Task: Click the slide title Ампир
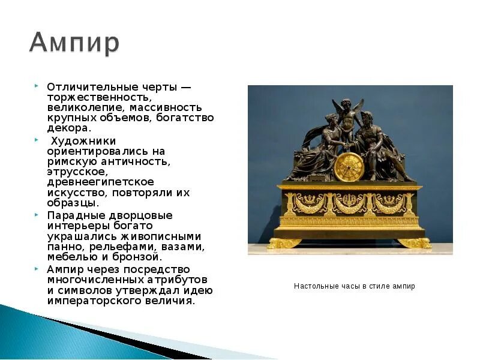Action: [74, 43]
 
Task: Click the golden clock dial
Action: [349, 167]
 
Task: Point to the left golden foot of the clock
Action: [284, 242]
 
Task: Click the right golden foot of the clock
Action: [414, 242]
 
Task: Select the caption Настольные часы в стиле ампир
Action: [354, 286]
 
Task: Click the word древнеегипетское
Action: [100, 182]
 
